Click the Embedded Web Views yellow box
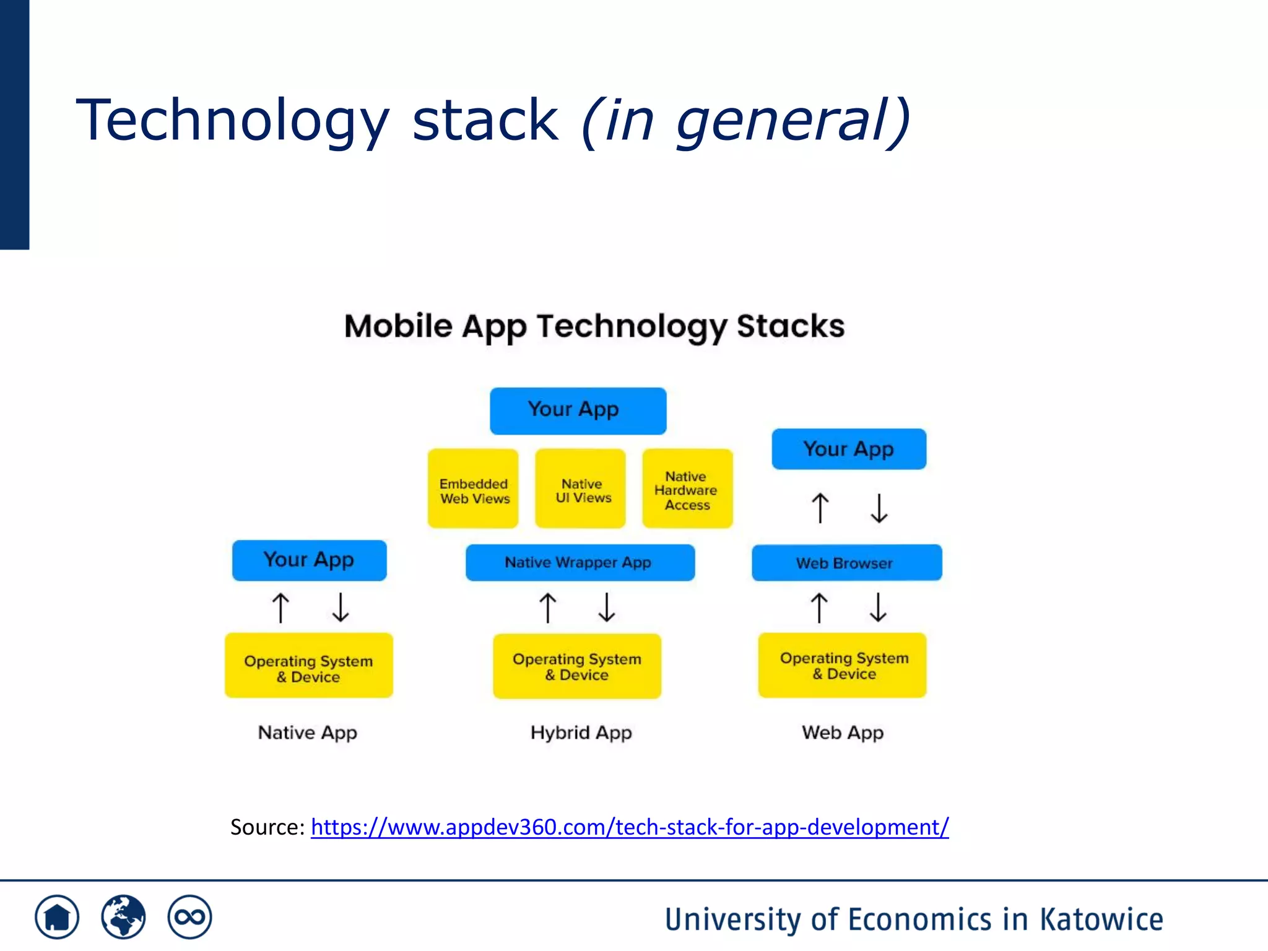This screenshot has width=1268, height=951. [x=473, y=489]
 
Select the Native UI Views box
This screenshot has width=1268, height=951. [x=580, y=489]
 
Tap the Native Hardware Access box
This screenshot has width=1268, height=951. [x=687, y=489]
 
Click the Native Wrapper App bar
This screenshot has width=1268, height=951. [x=580, y=562]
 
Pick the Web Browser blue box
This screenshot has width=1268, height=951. [x=846, y=562]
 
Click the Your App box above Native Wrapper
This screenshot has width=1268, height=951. [x=578, y=410]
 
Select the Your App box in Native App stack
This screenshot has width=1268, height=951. [x=309, y=560]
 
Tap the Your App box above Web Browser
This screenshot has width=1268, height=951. [x=849, y=449]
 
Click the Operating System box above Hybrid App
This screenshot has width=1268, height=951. [x=577, y=666]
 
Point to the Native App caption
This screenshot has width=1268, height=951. [x=307, y=732]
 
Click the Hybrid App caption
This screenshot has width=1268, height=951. [x=581, y=732]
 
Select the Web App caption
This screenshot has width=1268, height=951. [x=843, y=732]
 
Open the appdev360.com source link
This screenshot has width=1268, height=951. [x=629, y=827]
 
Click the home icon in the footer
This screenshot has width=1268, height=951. [x=57, y=917]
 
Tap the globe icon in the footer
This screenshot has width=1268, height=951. [x=123, y=917]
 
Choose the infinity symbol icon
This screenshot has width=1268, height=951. [x=189, y=917]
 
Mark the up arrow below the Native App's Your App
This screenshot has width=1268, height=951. [x=280, y=607]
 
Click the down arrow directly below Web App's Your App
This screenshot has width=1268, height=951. [x=879, y=508]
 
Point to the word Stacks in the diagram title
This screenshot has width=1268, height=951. [x=790, y=326]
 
